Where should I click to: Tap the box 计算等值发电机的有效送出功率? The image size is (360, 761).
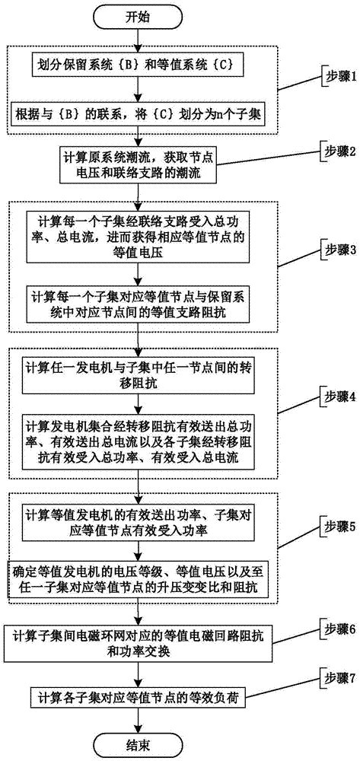pyautogui.click(x=138, y=517)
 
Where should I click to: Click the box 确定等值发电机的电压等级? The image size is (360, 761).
pyautogui.click(x=138, y=577)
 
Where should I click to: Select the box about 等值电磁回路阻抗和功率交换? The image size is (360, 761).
pyautogui.click(x=138, y=638)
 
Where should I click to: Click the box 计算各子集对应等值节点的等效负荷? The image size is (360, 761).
pyautogui.click(x=138, y=696)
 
